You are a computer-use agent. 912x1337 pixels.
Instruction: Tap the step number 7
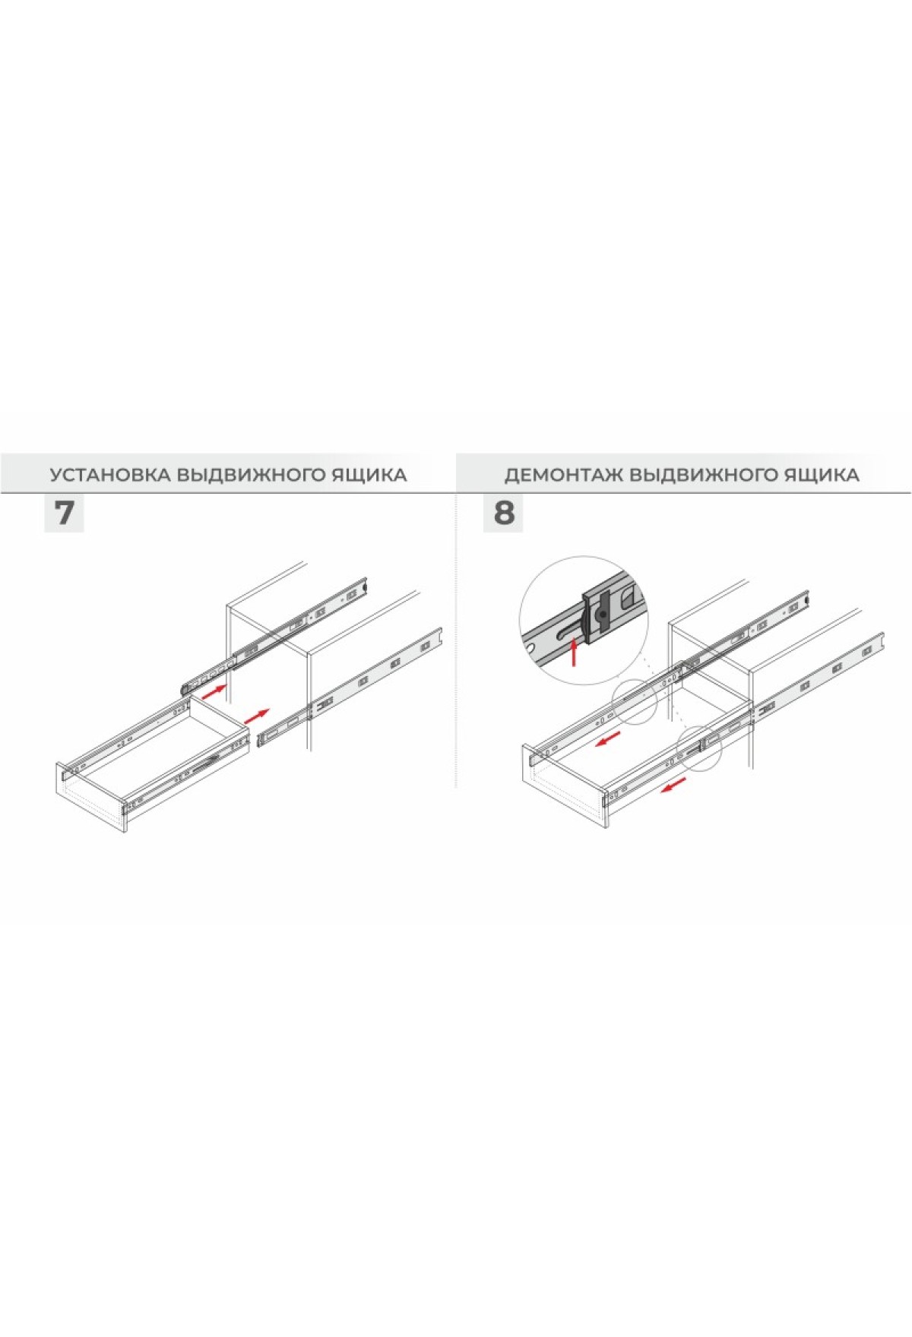click(64, 513)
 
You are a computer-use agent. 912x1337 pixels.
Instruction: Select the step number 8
click(503, 513)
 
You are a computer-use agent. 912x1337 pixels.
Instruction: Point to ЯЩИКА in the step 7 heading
click(372, 476)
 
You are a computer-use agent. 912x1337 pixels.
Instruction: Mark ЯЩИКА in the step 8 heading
click(825, 476)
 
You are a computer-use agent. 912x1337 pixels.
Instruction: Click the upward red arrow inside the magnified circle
click(574, 652)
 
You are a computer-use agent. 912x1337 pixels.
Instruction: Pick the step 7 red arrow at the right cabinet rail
click(257, 716)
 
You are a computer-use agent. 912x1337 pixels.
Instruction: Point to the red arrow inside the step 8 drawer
click(608, 739)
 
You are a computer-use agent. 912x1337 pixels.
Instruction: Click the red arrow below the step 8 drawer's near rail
click(673, 784)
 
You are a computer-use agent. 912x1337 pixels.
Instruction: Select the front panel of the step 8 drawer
click(563, 785)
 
